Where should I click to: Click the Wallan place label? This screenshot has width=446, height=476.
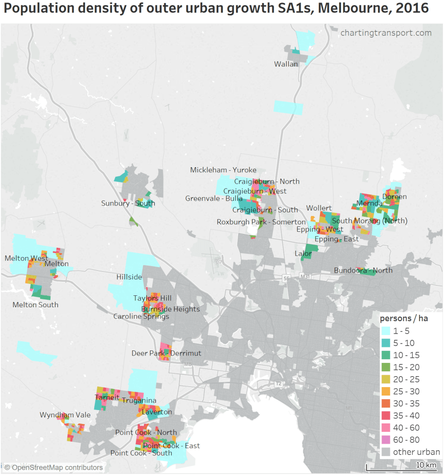(286, 64)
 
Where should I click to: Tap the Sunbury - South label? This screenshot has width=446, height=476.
(128, 203)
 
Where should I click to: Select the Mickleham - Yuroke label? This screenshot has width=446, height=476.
(223, 170)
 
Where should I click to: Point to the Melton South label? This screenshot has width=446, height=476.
(35, 305)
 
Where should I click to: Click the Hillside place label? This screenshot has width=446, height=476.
(129, 277)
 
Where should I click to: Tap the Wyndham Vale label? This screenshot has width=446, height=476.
(64, 415)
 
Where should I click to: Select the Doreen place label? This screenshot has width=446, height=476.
(394, 197)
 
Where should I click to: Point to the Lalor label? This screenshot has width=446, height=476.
(303, 254)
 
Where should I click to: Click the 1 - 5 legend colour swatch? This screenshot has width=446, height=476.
(385, 331)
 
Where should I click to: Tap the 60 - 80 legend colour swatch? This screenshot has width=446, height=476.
(385, 440)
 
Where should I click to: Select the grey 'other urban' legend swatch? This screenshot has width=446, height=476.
(385, 452)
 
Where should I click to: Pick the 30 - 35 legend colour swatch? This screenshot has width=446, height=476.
(385, 404)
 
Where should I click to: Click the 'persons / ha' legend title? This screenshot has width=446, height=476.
(403, 319)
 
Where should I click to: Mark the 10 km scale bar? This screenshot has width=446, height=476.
(402, 467)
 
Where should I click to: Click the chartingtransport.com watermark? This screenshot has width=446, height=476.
(385, 33)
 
